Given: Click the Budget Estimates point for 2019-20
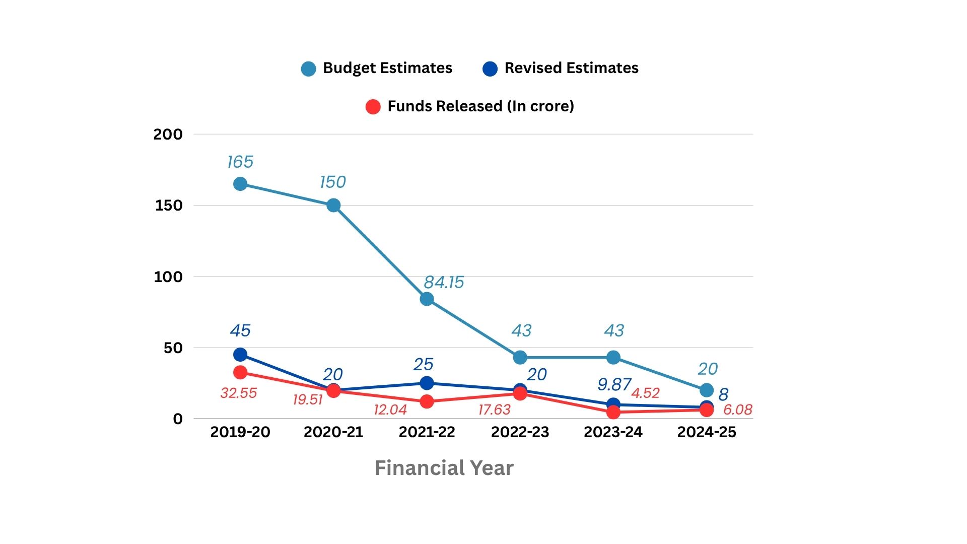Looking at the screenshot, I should coord(240,184).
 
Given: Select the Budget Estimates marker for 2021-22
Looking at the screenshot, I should coord(427,299).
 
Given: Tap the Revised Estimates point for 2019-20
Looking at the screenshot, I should coord(240,355).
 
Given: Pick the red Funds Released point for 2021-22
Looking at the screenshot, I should coord(427,401).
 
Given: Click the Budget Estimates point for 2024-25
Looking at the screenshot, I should coord(707,390).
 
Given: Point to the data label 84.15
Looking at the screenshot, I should coord(443,282).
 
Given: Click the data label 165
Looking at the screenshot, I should coord(240,162).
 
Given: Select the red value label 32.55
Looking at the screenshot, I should coord(238,393).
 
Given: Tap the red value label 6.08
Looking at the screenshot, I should coord(737,410).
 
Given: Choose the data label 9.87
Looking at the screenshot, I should coord(614,384).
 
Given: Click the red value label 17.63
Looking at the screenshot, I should coord(494,410).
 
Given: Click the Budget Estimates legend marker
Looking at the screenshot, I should coord(308,69).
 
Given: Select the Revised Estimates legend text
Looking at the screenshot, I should coord(571,68).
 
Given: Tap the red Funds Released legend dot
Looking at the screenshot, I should coord(373,107).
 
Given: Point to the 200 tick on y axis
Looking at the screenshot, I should coord(168,134).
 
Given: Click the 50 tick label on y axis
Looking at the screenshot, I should coord(173,348).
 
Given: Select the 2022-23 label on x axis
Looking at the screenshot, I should coord(520,432).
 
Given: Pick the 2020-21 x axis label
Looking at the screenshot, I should coord(333,432).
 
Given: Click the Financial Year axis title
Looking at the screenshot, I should coord(444,468).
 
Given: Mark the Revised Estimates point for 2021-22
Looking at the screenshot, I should coord(427,383).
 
